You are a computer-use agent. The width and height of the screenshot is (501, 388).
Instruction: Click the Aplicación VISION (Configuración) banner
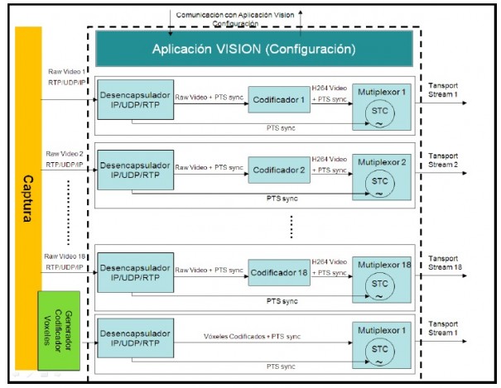click(x=254, y=49)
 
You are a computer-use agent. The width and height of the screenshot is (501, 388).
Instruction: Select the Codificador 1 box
click(x=279, y=99)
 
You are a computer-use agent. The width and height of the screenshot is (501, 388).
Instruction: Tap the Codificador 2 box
click(x=279, y=170)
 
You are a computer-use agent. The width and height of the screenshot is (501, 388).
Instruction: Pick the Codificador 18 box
click(x=279, y=272)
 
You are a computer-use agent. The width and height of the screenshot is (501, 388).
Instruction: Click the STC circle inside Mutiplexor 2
click(x=379, y=184)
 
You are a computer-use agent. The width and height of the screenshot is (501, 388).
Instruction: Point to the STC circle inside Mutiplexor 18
click(x=379, y=286)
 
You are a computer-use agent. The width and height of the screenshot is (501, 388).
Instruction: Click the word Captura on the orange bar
click(x=28, y=199)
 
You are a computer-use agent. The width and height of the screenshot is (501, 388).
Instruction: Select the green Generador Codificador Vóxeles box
click(x=59, y=331)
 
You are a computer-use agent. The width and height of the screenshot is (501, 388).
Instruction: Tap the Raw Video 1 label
click(x=67, y=71)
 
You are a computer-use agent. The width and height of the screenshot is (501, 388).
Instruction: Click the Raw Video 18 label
click(x=65, y=256)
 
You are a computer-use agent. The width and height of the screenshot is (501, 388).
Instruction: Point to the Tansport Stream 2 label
click(x=443, y=160)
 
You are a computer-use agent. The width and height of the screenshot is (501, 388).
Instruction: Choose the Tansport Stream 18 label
click(x=445, y=262)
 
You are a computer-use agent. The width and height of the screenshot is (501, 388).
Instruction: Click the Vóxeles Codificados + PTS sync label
click(x=252, y=337)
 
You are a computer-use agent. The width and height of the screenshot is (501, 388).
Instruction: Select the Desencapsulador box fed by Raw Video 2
click(x=136, y=170)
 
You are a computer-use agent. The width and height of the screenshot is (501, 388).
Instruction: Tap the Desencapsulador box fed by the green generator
click(x=136, y=338)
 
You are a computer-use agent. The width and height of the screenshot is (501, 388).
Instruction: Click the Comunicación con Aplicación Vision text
click(x=235, y=15)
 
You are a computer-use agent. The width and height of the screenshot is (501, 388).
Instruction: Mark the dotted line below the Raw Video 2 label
click(x=68, y=213)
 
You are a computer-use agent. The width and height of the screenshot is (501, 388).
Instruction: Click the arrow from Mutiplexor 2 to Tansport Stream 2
click(x=441, y=173)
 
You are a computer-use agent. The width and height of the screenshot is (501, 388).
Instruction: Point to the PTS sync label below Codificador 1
click(x=281, y=128)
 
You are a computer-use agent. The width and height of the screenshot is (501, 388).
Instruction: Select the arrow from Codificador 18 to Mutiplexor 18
click(x=332, y=276)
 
